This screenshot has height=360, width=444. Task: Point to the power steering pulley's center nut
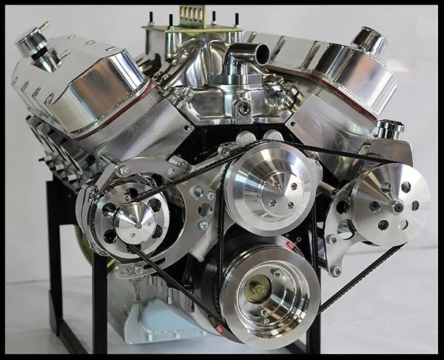(x=397, y=205)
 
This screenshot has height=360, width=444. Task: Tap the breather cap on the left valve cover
(x=31, y=39)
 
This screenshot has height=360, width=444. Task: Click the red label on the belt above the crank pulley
(x=294, y=248)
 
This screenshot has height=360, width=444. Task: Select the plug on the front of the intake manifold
(x=244, y=108)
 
